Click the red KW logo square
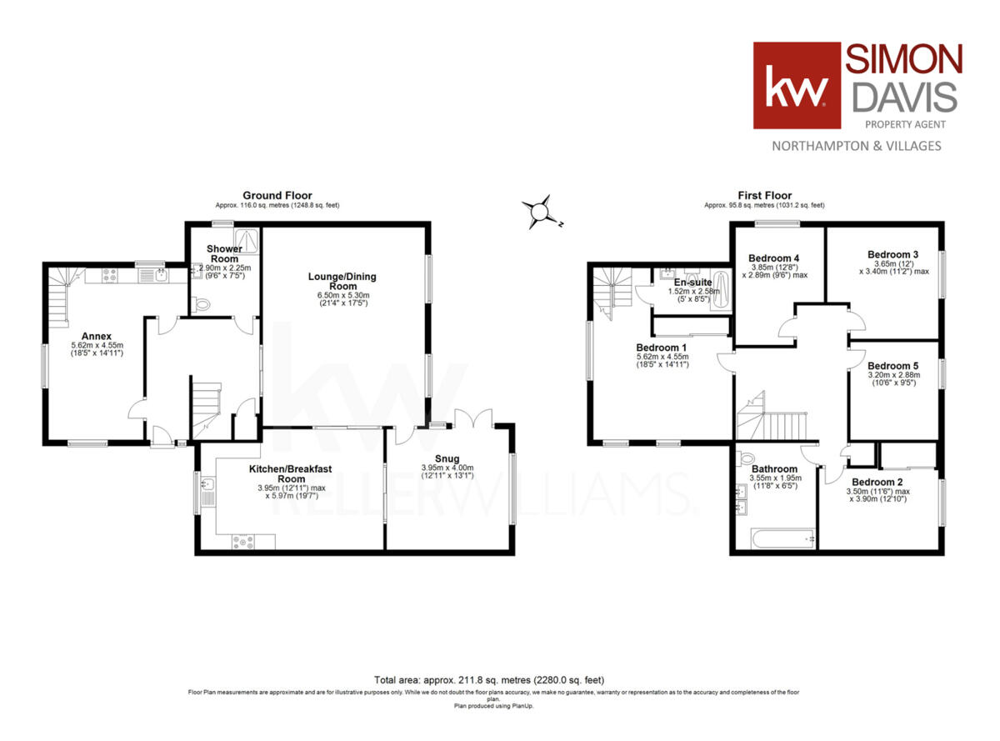(797, 86)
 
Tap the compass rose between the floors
(542, 212)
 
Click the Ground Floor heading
(277, 196)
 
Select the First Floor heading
(764, 196)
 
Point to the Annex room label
(97, 337)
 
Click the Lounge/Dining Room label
(332, 280)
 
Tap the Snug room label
(447, 458)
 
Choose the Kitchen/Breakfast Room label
(291, 474)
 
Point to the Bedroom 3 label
(892, 254)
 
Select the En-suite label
(691, 282)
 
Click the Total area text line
(489, 680)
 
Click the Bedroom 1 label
(662, 347)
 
